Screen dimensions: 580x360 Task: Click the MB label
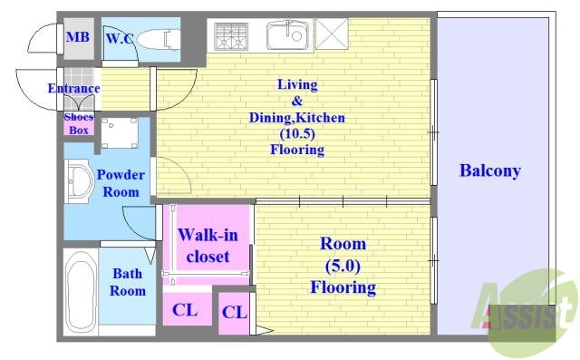click(x=78, y=37)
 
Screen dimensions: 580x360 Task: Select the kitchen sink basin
click(x=287, y=34)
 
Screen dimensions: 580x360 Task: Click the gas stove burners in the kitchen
click(x=231, y=36)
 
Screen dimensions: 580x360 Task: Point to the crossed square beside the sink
click(x=332, y=34)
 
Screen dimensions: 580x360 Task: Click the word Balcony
click(x=490, y=170)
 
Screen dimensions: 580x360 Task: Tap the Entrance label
click(x=73, y=89)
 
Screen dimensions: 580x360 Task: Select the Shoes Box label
click(x=79, y=123)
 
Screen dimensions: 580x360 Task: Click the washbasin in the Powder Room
click(x=80, y=181)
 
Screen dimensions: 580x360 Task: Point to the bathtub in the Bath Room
click(x=81, y=292)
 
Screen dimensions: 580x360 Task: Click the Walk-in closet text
click(x=208, y=246)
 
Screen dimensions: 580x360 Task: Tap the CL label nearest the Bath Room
click(x=185, y=310)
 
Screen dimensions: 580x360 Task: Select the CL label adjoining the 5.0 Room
click(x=234, y=313)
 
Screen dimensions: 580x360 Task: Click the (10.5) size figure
click(x=297, y=133)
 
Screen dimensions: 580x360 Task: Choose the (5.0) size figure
click(x=343, y=266)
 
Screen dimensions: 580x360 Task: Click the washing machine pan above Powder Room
click(x=120, y=132)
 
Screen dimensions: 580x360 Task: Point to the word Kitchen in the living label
click(x=321, y=118)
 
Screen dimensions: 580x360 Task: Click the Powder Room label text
click(x=121, y=183)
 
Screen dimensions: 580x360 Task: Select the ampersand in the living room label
click(x=296, y=101)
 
